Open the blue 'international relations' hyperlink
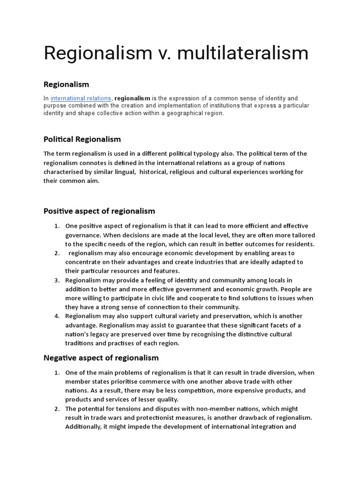(x=81, y=98)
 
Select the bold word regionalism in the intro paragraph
(x=132, y=98)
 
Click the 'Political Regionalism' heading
(x=82, y=139)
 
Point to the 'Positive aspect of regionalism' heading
(x=99, y=211)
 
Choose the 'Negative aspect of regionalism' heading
(x=101, y=358)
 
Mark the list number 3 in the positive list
(x=56, y=280)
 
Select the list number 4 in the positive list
(x=56, y=316)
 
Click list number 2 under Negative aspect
(x=56, y=409)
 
